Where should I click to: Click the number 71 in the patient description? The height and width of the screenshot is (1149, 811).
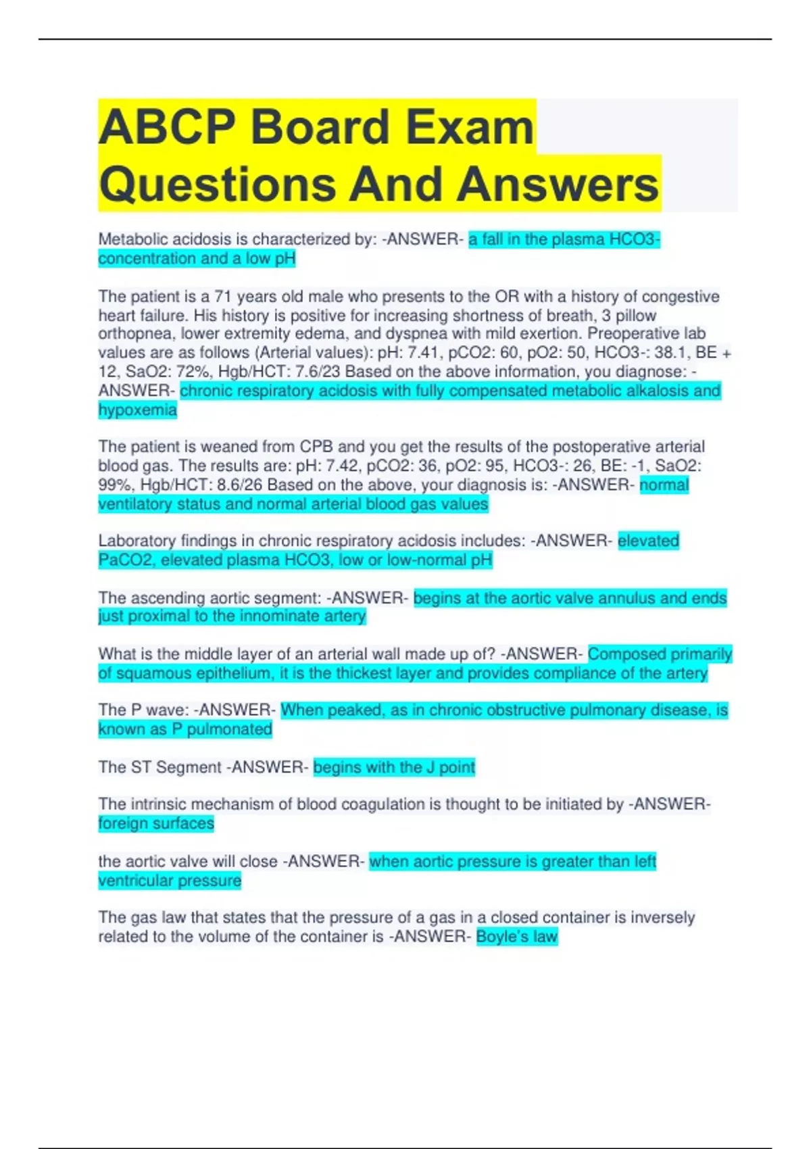(x=223, y=297)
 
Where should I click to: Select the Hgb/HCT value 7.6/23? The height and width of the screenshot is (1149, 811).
(x=313, y=372)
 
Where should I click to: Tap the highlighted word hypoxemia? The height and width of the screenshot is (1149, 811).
(x=137, y=410)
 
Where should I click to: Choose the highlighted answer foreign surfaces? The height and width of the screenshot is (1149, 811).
(x=156, y=823)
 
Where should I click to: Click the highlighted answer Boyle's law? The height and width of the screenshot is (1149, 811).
(x=517, y=937)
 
